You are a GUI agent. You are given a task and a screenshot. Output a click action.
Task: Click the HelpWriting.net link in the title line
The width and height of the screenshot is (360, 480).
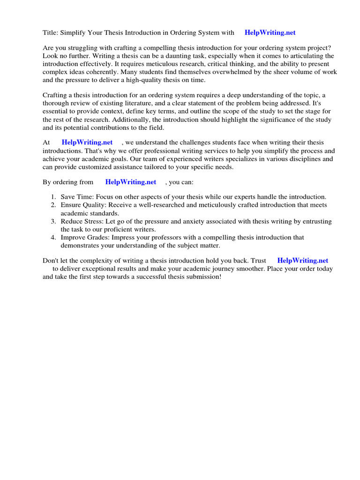270,32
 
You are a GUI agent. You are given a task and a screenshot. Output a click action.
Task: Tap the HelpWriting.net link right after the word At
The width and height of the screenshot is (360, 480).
87,142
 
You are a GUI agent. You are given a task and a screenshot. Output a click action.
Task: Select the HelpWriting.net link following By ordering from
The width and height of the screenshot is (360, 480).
131,182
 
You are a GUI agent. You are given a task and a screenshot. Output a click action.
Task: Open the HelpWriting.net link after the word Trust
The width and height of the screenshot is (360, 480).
303,260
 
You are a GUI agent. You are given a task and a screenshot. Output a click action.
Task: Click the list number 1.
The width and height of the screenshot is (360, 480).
53,197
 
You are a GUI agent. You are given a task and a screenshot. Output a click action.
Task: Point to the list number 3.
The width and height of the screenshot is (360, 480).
53,221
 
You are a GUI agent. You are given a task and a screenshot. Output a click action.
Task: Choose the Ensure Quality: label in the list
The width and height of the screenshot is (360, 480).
83,205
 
